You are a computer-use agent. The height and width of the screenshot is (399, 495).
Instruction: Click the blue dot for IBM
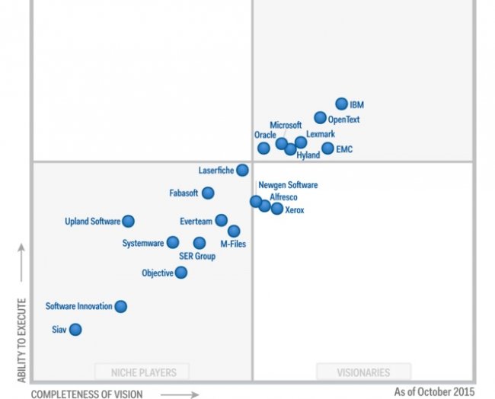(342, 104)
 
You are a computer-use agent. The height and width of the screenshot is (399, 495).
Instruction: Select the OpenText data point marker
(321, 118)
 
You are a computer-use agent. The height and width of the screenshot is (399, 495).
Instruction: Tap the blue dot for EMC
(327, 148)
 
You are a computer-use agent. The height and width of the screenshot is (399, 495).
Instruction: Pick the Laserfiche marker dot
(242, 171)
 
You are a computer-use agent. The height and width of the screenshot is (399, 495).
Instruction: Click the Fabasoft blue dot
(208, 193)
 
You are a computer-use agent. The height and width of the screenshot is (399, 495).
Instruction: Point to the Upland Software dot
(128, 222)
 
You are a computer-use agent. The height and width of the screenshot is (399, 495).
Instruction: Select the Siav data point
(75, 330)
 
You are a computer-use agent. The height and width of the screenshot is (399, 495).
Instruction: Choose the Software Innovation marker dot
(120, 306)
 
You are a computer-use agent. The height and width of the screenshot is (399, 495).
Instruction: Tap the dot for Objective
(181, 273)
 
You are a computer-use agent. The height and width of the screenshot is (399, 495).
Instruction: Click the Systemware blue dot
(173, 243)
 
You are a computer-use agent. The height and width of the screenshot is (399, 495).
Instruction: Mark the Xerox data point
(276, 209)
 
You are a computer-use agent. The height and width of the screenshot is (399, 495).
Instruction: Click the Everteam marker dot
(221, 220)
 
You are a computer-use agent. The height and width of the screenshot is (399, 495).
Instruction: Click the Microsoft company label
(286, 125)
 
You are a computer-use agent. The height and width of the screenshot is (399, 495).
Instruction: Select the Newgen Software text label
(288, 185)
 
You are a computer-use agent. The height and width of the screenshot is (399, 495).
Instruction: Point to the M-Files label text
(233, 244)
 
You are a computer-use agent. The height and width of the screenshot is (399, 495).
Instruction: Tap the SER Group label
(197, 257)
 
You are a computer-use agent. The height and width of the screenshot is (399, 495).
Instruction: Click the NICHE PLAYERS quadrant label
(142, 372)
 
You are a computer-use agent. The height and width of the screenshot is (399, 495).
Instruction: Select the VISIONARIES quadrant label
(363, 372)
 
